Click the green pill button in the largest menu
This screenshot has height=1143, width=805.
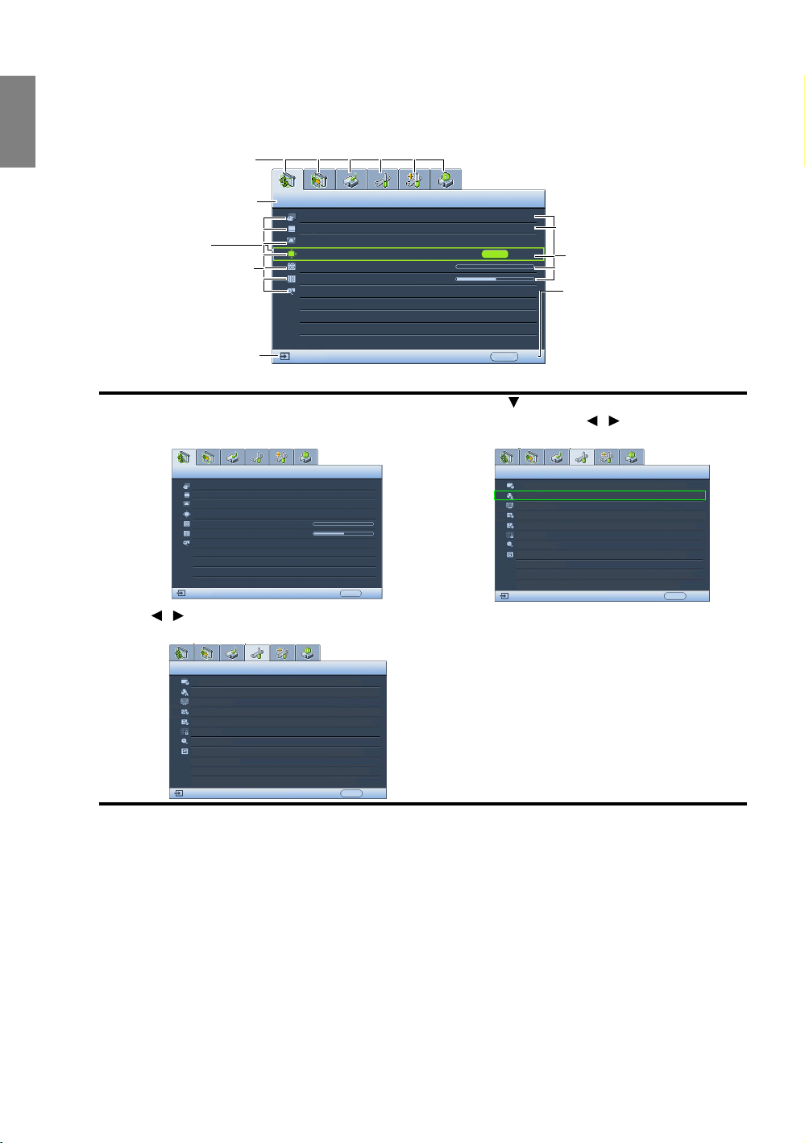pos(495,253)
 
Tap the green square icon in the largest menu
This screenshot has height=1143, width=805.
pos(291,253)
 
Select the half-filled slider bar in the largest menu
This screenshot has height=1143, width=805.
pos(495,279)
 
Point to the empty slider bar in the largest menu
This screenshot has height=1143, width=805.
pos(495,266)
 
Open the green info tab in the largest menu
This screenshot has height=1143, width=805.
pos(446,179)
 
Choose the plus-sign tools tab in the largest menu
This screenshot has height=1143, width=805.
pos(414,179)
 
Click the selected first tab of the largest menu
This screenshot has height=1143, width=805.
pos(288,179)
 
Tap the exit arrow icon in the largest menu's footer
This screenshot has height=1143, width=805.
pos(285,355)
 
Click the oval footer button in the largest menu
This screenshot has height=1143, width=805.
pos(504,356)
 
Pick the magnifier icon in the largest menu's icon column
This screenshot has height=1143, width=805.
pos(291,291)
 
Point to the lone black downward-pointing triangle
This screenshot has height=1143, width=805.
pos(512,402)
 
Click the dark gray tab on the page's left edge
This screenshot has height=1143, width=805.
pos(18,121)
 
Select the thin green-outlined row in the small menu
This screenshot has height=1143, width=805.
pos(600,495)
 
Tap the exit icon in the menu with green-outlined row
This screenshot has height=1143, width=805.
pos(504,596)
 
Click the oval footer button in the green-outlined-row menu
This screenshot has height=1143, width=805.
pos(674,596)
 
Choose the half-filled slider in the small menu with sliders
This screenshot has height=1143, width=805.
pos(343,533)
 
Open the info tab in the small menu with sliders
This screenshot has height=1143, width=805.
pos(306,457)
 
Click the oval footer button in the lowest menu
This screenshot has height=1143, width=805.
pos(351,793)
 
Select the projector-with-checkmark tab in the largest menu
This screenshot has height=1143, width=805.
pos(351,179)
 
